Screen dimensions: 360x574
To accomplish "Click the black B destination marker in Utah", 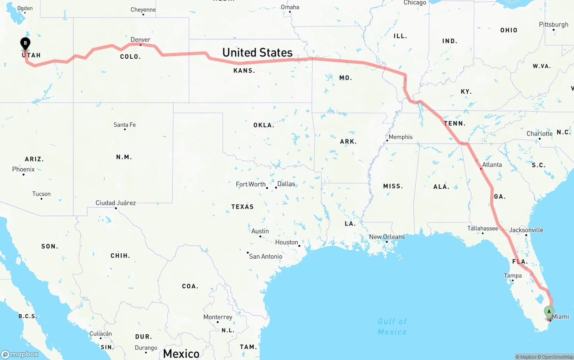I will pos(26,44).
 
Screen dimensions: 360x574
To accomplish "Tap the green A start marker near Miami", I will pos(549,312).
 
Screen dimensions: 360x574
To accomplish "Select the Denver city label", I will pos(140,40).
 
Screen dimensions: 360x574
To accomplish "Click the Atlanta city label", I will pos(492,165).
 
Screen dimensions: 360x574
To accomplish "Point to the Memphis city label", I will pos(400,137).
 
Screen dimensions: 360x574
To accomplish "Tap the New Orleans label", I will pos(387,237).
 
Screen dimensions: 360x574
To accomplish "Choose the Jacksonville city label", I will pos(526,230).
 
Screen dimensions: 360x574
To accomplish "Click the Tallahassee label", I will pos(483,228).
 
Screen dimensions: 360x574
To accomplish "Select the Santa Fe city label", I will pos(124,125).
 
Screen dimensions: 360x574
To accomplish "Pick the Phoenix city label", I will pos(23,169).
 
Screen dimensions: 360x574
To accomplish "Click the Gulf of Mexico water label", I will pos(392,326).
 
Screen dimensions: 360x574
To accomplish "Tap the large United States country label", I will pos(257,52).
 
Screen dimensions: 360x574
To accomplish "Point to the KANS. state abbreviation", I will pos(244,71).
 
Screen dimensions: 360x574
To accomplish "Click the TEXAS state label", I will pos(242,207).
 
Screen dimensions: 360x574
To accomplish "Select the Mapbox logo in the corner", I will pos(20,354).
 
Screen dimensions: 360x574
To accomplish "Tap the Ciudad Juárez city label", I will pos(115,203).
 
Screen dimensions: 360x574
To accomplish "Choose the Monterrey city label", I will pos(217,317).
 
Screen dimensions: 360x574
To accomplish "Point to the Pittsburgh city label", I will pos(553,24).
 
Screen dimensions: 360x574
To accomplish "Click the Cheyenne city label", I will pos(143,9).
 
